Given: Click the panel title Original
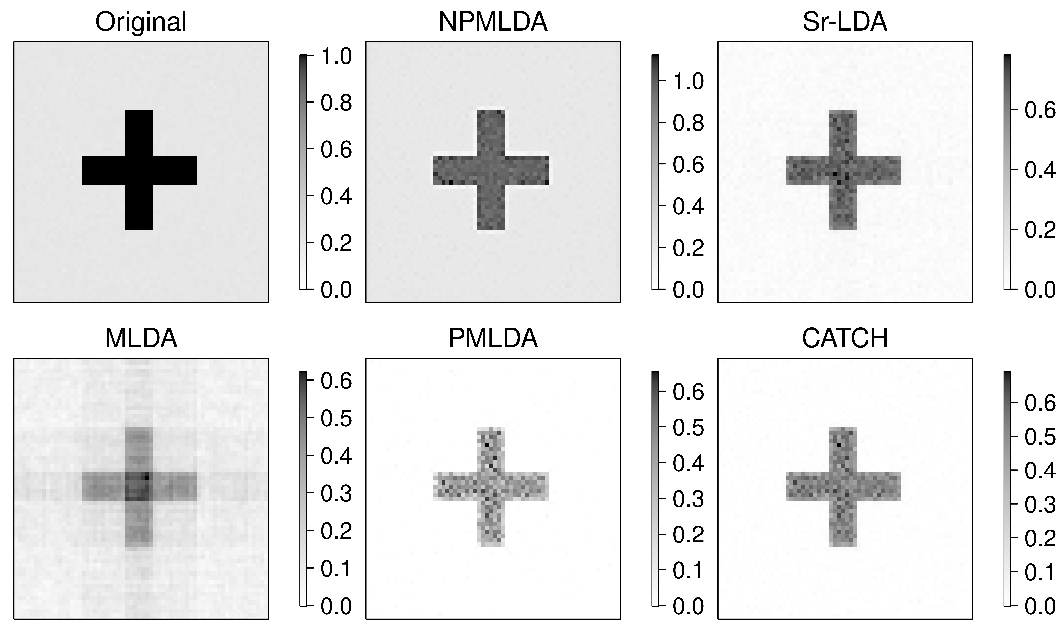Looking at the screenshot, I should [141, 22].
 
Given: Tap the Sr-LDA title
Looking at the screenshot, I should [845, 22].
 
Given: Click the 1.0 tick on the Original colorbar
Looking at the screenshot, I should [336, 56].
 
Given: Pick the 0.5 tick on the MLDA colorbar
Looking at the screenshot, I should [336, 418].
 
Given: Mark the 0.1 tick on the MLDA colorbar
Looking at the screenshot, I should [336, 569].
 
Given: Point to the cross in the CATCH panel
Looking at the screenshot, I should [843, 486].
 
